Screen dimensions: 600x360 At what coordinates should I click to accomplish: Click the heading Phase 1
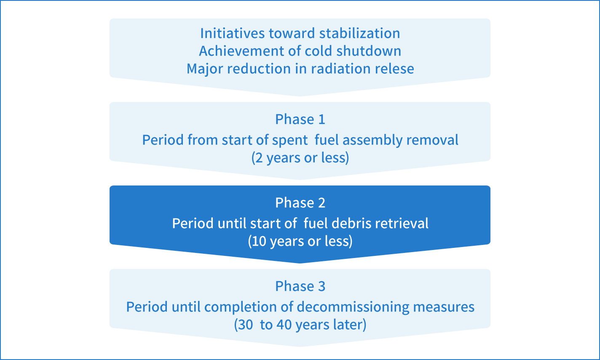(x=300, y=119)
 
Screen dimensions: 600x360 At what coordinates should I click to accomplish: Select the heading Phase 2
(x=300, y=203)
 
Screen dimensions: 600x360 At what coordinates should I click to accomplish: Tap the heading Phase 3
(x=300, y=286)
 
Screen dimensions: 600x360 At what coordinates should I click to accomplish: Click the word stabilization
(x=360, y=33)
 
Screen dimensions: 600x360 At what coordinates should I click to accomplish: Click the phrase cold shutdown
(x=354, y=51)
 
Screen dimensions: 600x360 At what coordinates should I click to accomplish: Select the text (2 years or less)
(x=300, y=158)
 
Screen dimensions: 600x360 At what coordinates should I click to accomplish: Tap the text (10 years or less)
(x=300, y=241)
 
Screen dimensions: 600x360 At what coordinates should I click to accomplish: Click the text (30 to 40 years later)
(x=300, y=325)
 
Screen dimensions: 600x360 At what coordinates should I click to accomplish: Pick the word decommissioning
(x=353, y=306)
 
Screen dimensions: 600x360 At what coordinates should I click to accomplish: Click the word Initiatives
(x=233, y=33)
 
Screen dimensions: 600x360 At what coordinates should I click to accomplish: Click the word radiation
(x=340, y=69)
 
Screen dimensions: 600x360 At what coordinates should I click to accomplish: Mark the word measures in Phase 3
(x=444, y=307)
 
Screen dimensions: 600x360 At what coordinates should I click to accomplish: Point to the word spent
(x=290, y=140)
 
